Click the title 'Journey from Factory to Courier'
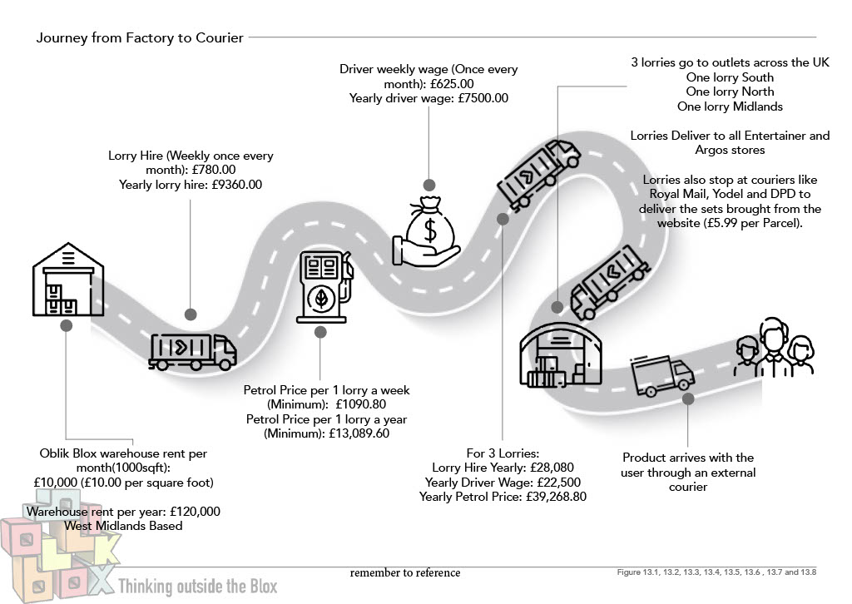click(140, 37)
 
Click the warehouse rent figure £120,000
click(185, 511)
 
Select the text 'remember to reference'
click(404, 572)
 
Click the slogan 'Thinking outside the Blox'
click(197, 586)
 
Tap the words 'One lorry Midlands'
click(730, 106)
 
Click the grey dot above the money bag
click(428, 185)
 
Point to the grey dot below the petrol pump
click(319, 333)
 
